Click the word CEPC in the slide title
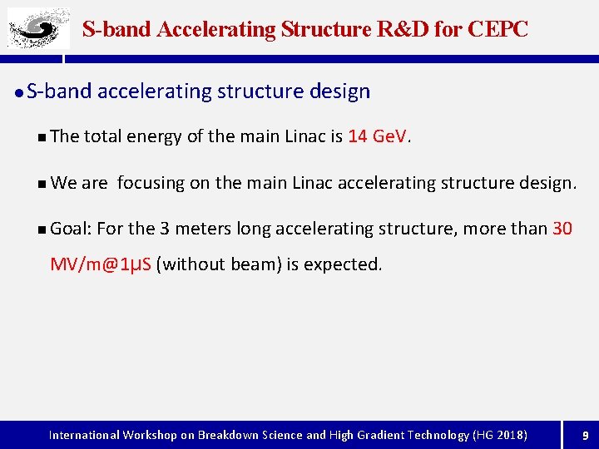point(498,29)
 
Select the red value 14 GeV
point(379,136)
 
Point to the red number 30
point(562,228)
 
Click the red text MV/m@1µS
point(101,264)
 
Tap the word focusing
point(151,182)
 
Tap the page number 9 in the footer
point(585,435)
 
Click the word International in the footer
point(84,435)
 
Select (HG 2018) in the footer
point(499,435)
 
